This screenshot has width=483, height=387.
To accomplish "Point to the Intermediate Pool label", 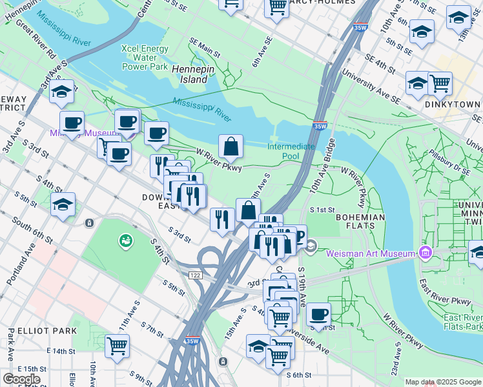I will click(292, 151).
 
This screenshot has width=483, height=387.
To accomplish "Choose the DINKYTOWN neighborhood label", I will click(453, 104).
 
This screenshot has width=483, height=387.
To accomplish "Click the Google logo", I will click(21, 379).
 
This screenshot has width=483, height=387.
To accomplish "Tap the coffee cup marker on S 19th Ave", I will click(318, 315).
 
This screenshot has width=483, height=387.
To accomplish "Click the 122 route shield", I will click(196, 275).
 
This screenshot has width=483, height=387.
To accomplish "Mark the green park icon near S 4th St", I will click(123, 241).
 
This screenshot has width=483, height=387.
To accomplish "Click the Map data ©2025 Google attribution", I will click(443, 382).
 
